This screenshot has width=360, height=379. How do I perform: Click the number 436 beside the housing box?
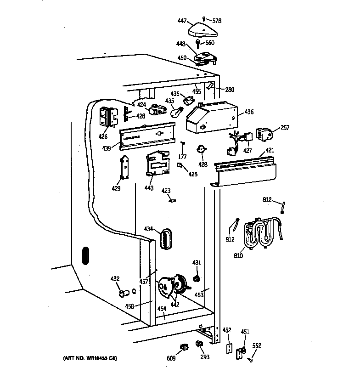(248, 112)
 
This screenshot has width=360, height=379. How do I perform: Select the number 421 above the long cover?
(270, 150)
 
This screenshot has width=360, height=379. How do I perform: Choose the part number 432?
(115, 279)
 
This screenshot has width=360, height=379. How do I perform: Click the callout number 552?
(256, 345)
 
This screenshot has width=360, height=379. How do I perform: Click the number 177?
(182, 157)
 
